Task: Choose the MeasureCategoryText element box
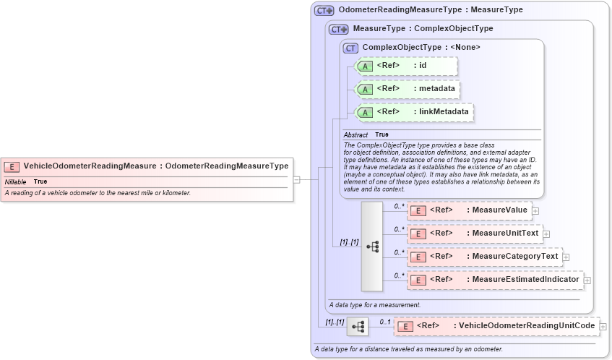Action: [484, 257]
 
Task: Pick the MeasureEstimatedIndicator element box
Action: [494, 280]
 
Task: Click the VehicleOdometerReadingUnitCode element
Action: [498, 326]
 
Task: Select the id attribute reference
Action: [407, 66]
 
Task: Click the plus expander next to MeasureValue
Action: [535, 211]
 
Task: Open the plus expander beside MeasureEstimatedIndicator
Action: [587, 280]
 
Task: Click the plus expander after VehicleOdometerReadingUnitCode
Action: [603, 327]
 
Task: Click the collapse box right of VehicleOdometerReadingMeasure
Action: [296, 179]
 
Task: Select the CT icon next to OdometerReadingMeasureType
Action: [324, 11]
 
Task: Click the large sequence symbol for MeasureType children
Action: [372, 246]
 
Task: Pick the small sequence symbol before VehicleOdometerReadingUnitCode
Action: [358, 327]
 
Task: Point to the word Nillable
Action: [15, 182]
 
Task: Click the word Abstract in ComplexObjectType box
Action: [355, 135]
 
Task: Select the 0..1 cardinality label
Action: [385, 322]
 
